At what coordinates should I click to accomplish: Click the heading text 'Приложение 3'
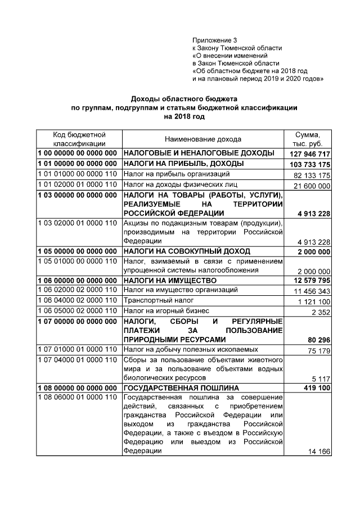click(215, 40)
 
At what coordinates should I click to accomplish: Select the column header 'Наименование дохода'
click(202, 139)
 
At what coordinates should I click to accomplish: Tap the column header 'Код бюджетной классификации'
click(79, 139)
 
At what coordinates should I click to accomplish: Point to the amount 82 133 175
click(311, 176)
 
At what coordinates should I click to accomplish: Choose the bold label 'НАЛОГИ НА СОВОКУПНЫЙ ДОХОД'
click(187, 251)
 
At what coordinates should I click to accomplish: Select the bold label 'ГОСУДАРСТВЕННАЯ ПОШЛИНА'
click(181, 388)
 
